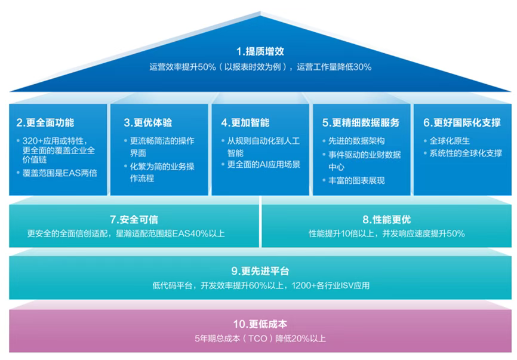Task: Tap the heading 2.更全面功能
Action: pyautogui.click(x=45, y=122)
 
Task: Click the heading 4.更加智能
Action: pyautogui.click(x=245, y=122)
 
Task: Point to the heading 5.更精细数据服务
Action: pyautogui.click(x=361, y=122)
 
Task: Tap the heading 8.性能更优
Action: pyautogui.click(x=386, y=220)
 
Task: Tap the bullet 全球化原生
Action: pyautogui.click(x=450, y=141)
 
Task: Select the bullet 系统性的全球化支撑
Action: pyautogui.click(x=466, y=153)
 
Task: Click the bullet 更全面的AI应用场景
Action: pyautogui.click(x=263, y=164)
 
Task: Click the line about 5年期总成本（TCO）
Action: pyautogui.click(x=260, y=339)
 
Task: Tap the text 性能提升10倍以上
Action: pyautogui.click(x=342, y=233)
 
